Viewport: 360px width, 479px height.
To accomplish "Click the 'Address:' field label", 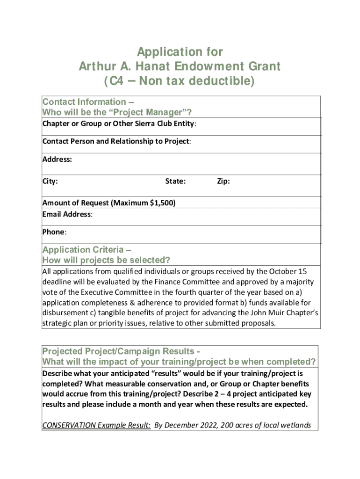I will tap(57, 160).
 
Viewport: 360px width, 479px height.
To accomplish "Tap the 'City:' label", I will tap(50, 181).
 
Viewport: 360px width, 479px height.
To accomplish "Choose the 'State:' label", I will tap(175, 181).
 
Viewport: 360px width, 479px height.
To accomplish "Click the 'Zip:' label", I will tap(223, 181).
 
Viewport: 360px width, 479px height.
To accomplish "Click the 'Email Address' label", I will tap(66, 214).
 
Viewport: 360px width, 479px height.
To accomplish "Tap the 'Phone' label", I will tap(53, 232).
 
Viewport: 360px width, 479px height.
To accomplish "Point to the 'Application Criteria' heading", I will tap(84, 250).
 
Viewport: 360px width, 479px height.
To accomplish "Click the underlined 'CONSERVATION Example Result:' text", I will tap(96, 425).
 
